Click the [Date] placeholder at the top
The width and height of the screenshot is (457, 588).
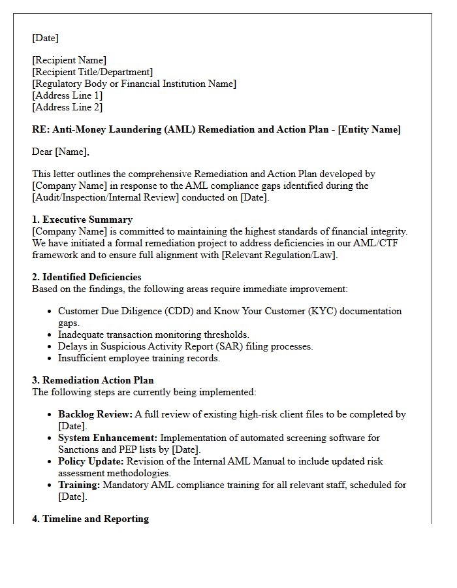click(45, 38)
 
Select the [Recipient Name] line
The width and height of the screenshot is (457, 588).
click(69, 60)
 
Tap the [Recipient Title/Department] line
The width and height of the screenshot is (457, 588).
click(92, 72)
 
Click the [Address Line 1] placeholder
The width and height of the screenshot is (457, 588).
click(67, 95)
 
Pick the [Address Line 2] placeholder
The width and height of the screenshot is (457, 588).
click(67, 107)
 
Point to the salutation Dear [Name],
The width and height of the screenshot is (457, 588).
click(61, 152)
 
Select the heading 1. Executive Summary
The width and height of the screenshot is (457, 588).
click(82, 220)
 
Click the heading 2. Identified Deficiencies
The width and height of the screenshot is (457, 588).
click(87, 277)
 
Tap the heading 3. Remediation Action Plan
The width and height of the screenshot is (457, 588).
click(93, 380)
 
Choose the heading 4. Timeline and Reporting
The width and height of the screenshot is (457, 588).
click(90, 519)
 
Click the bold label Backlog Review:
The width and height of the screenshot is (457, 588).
click(95, 414)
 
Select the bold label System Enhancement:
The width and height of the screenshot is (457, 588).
click(108, 438)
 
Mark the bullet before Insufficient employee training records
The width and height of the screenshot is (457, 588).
click(50, 358)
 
